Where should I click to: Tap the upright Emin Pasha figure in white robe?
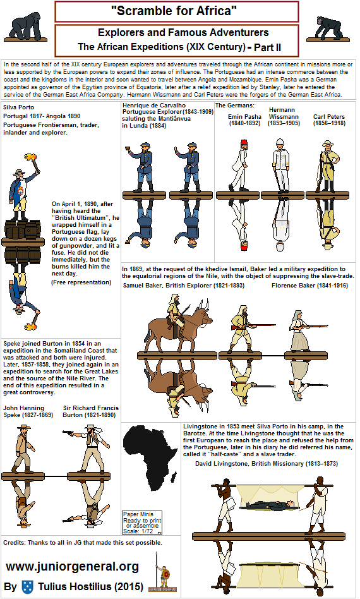coord(240,161)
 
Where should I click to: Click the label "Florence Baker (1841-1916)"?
coord(309,286)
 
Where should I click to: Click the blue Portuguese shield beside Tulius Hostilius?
coord(27,586)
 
